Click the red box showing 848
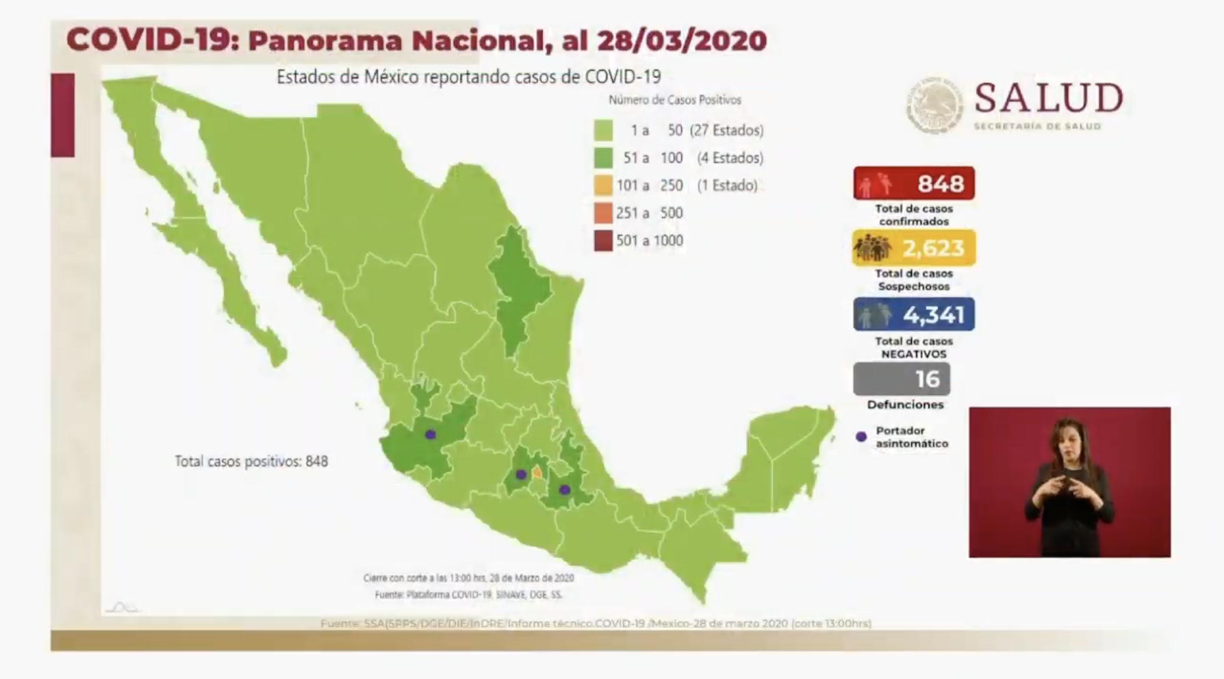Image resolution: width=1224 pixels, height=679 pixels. coord(914,183)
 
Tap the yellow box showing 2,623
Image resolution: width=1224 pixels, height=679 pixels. coord(914,248)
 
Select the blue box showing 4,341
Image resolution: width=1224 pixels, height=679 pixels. coord(914,314)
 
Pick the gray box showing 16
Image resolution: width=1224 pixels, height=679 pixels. coord(901,379)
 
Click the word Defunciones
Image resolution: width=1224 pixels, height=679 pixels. coord(905,405)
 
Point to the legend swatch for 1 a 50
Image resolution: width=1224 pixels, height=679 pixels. coord(603,130)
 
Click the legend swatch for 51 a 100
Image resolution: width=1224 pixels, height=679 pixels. coord(603,158)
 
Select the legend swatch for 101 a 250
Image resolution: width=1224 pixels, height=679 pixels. coord(603,185)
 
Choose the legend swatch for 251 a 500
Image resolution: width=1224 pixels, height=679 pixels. coord(603,214)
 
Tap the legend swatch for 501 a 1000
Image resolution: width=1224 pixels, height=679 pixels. coord(603,241)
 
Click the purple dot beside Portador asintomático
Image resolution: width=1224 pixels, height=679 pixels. coord(861,437)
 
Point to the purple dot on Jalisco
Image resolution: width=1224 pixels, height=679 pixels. coord(431,435)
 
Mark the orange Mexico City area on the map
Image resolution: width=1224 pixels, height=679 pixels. coord(537,472)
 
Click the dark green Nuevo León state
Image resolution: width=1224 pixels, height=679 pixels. coord(520,287)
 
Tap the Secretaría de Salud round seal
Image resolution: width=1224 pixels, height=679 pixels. coord(934,105)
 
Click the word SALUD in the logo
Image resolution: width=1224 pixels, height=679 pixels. coord(1048,98)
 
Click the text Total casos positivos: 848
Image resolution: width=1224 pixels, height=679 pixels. coord(251,461)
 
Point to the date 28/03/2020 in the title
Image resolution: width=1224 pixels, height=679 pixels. coord(682,40)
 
